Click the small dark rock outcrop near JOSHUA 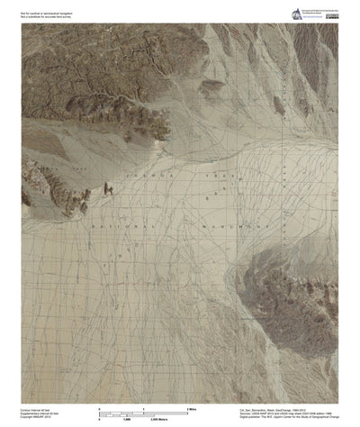pyautogui.click(x=106, y=188)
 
